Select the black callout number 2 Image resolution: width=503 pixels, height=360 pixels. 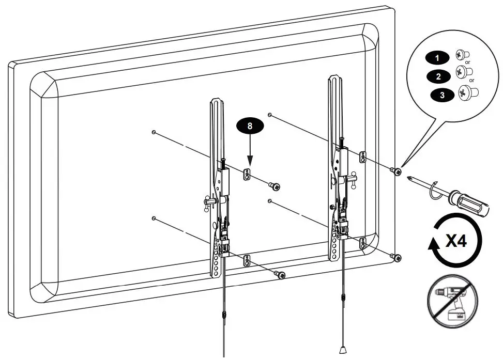(x=439, y=77)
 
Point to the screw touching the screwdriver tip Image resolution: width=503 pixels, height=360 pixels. (x=397, y=171)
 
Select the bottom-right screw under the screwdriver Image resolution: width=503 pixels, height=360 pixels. (x=396, y=257)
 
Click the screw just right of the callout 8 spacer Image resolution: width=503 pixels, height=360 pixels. (x=275, y=186)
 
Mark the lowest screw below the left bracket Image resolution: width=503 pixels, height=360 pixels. (x=281, y=275)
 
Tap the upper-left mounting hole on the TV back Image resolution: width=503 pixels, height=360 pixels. (x=154, y=133)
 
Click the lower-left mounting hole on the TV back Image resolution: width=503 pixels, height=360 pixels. (x=154, y=218)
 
